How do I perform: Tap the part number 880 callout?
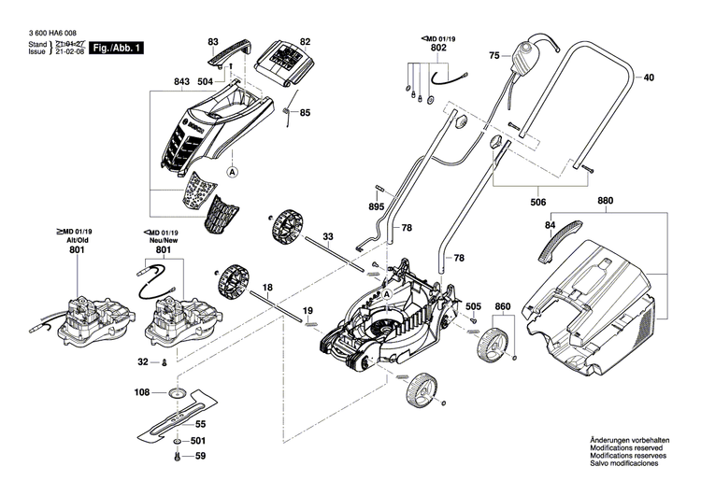pos(605,201)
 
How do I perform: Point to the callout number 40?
pos(649,78)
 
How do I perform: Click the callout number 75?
pos(494,57)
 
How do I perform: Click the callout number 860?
pos(503,306)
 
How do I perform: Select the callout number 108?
pos(142,393)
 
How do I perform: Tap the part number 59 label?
pos(198,457)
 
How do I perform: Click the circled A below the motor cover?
pos(232,172)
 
